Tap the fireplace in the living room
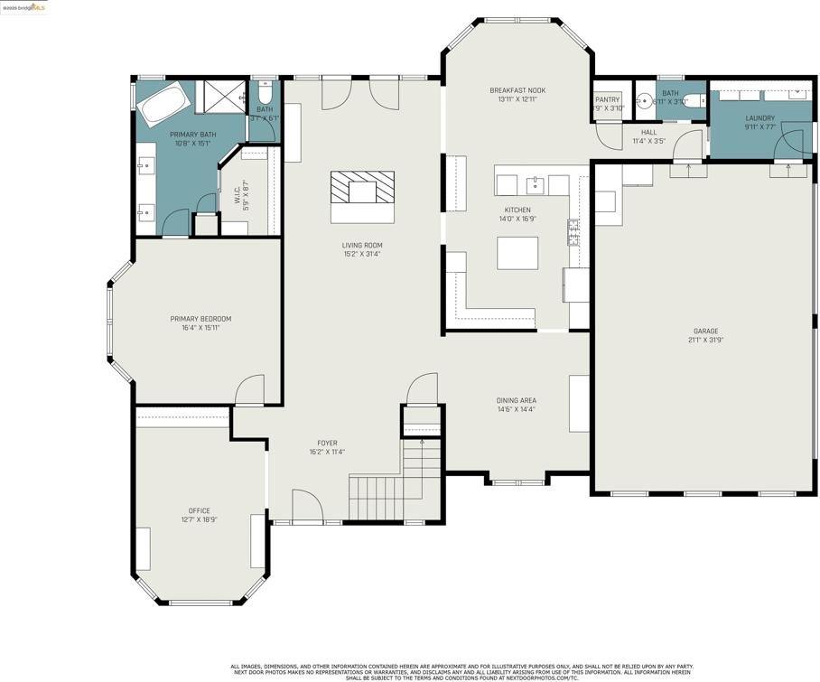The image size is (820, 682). [x=362, y=192]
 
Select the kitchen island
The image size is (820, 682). [x=517, y=253]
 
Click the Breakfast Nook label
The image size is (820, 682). [x=517, y=90]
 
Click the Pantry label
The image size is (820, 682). [x=608, y=99]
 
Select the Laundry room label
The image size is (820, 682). [x=759, y=117]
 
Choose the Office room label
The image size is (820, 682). [x=199, y=510]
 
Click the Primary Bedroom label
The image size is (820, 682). [x=200, y=318]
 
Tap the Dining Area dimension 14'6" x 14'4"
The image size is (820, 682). [x=516, y=409]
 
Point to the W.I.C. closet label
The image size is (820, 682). [x=237, y=194]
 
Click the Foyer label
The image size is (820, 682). [x=327, y=443]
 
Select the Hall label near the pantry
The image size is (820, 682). [x=648, y=132]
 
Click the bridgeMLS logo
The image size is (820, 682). [x=24, y=7]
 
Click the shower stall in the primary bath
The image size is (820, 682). [x=221, y=97]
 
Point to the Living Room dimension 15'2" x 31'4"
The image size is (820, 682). [x=362, y=254]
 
